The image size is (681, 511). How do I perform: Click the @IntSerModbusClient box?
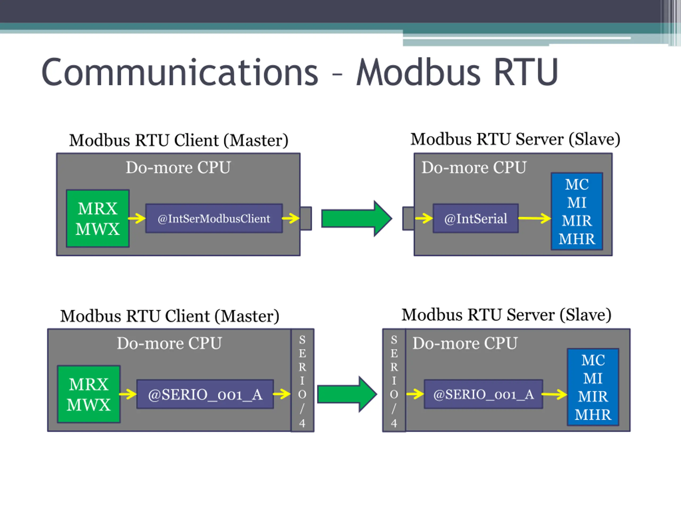[214, 219]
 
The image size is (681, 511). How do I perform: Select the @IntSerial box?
[476, 219]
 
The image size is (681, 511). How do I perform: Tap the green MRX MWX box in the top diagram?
[98, 219]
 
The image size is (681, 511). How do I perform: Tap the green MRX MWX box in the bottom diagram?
[89, 394]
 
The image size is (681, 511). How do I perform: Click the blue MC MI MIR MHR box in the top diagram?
[577, 211]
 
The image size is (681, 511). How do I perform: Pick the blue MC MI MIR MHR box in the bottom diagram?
[593, 387]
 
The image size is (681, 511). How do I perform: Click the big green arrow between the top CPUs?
[357, 219]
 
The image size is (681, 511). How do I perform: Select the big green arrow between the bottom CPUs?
[347, 394]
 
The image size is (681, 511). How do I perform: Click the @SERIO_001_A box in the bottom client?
[205, 394]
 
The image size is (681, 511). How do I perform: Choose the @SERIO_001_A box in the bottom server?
[483, 394]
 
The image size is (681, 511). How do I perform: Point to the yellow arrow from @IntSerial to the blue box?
[535, 219]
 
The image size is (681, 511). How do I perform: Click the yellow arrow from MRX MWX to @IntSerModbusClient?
[137, 219]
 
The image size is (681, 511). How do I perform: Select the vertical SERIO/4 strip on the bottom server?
[394, 380]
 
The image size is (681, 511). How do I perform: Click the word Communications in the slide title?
[180, 72]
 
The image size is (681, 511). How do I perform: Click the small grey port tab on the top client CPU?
[306, 219]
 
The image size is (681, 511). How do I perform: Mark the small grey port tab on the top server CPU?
[408, 219]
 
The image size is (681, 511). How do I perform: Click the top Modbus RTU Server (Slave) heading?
[515, 139]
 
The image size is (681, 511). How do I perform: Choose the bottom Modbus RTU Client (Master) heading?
[170, 316]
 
